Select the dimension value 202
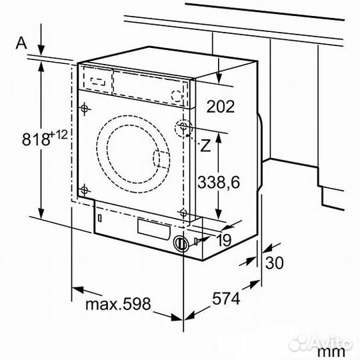tap(221, 105)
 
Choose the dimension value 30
tap(275, 262)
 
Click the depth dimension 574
tap(226, 299)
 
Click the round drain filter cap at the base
tap(180, 244)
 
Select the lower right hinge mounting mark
tap(182, 213)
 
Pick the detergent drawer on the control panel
tap(96, 80)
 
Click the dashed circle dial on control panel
tap(177, 95)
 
